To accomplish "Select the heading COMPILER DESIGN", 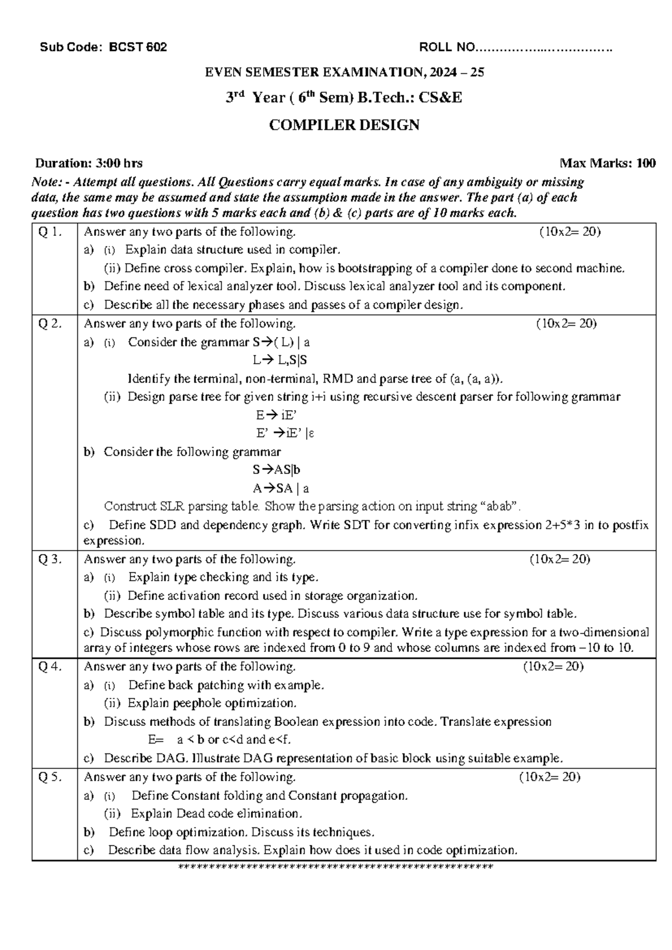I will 344,125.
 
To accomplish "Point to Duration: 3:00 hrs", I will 88,164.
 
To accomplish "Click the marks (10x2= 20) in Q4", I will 553,667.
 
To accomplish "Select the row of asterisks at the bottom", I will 335,868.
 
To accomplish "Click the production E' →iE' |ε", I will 284,434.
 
